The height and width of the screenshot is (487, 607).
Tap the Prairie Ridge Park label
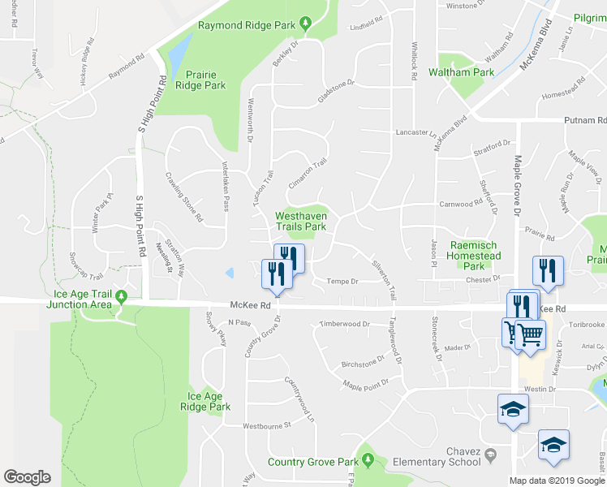coord(200,79)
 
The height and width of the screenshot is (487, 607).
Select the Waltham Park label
coord(466,72)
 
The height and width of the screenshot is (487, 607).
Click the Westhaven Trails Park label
coord(301,221)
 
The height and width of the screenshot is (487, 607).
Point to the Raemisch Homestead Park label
coord(467,256)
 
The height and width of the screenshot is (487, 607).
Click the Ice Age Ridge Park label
coord(209,402)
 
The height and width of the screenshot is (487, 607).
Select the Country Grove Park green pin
coord(368,461)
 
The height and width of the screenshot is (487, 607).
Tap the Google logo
coord(28,477)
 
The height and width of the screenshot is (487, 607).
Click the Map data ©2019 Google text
coord(557,481)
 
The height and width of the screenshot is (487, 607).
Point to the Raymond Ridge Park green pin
coord(305,22)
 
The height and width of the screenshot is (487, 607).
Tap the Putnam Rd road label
coord(586,120)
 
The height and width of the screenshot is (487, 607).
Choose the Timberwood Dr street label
coord(344,324)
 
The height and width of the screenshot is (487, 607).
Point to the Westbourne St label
coord(267,425)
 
